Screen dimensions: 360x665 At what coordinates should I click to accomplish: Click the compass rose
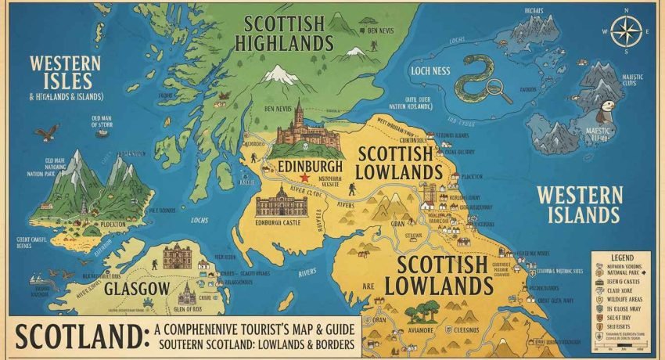pos(626,31)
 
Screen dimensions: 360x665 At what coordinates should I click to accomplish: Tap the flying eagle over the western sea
pos(47,132)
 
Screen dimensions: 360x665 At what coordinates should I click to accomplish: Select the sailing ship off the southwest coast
pos(36,278)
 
